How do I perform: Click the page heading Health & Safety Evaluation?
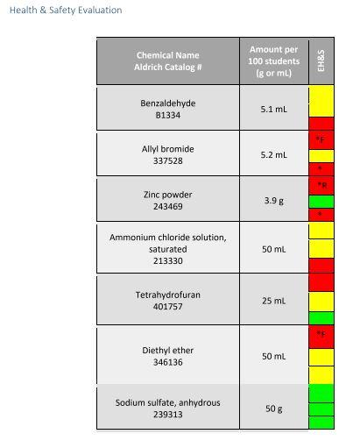tap(66, 11)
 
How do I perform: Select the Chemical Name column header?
tap(167, 55)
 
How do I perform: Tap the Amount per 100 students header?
tap(273, 61)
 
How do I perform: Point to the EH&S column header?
tap(321, 61)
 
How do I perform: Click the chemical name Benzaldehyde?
tap(168, 103)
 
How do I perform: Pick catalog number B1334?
tap(168, 115)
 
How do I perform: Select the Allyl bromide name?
tap(168, 149)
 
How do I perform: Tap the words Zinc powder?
tap(168, 195)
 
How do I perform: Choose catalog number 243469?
tap(168, 206)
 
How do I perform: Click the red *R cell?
tap(321, 185)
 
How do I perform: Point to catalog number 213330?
tap(168, 260)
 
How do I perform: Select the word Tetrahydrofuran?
tap(168, 295)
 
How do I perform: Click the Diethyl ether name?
tap(168, 350)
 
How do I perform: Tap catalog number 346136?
tap(168, 361)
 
